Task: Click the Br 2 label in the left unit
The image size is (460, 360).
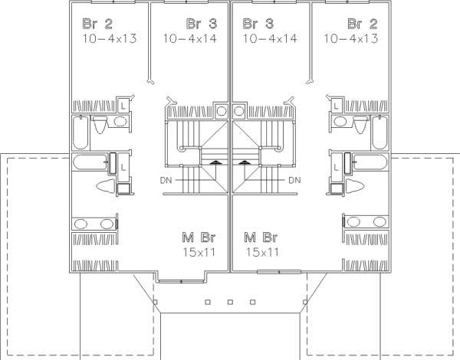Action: coord(97,24)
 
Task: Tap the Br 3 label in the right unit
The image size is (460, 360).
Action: coord(258,24)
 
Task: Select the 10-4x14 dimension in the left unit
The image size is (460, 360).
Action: coord(190,38)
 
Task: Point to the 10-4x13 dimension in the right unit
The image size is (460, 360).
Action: coord(351,38)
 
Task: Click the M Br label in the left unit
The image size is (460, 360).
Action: coord(199,237)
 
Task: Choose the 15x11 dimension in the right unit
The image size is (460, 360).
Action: coord(262,252)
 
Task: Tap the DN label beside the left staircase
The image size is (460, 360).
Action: coord(166,180)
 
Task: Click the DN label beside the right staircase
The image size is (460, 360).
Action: coord(295,180)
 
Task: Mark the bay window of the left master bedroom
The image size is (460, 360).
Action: coord(181,281)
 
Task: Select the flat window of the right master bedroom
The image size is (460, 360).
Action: coord(279,272)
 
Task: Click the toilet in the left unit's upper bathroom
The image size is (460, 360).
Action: coord(100,124)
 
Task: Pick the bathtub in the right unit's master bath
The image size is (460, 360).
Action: coord(370,162)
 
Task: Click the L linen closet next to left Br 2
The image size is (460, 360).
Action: coord(123,105)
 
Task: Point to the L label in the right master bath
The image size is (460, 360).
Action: coord(337,168)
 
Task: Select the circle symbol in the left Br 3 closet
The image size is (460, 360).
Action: coord(222,111)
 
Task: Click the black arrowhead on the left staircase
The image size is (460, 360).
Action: coord(215,162)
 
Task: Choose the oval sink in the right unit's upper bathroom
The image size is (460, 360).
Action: coord(340,121)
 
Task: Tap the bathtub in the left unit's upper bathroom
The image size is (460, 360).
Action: coord(80,133)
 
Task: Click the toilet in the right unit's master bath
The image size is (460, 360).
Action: coord(355,186)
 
